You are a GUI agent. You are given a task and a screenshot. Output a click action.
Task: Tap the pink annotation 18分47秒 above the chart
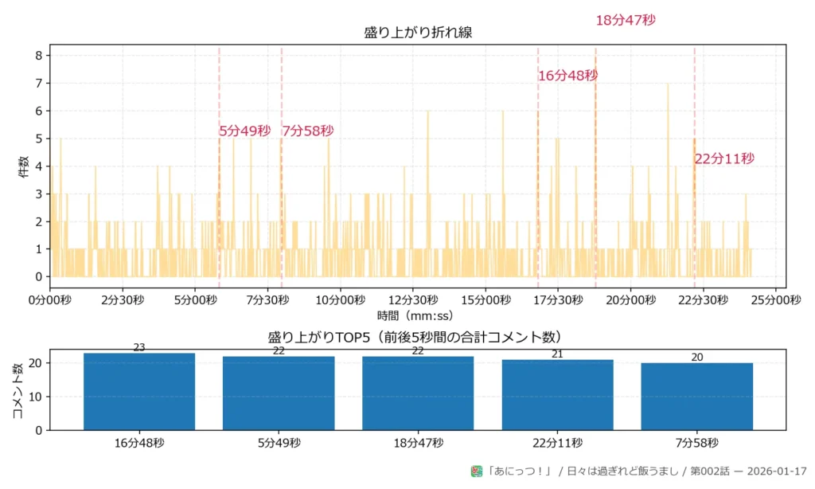[626, 21]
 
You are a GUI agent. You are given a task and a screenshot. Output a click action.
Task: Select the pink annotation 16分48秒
[567, 76]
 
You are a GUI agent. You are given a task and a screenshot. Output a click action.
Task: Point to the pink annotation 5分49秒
[245, 131]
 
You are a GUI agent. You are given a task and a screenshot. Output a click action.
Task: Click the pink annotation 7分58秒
[308, 131]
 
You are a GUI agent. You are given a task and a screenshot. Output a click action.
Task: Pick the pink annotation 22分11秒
[723, 158]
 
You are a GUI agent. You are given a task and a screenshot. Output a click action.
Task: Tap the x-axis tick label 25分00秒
[776, 300]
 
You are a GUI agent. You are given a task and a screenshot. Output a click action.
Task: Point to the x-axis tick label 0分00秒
[49, 300]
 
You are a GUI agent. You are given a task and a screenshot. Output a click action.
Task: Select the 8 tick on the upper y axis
[38, 56]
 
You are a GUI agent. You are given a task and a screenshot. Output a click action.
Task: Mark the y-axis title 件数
[24, 166]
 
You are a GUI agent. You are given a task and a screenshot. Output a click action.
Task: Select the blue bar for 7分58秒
[696, 397]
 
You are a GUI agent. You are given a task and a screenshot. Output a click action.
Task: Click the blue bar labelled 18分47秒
[418, 393]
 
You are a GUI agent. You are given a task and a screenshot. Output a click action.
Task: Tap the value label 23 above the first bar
[139, 347]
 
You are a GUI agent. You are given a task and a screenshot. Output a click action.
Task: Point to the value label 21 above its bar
[557, 354]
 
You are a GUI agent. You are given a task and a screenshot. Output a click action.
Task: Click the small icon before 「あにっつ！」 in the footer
[477, 471]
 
